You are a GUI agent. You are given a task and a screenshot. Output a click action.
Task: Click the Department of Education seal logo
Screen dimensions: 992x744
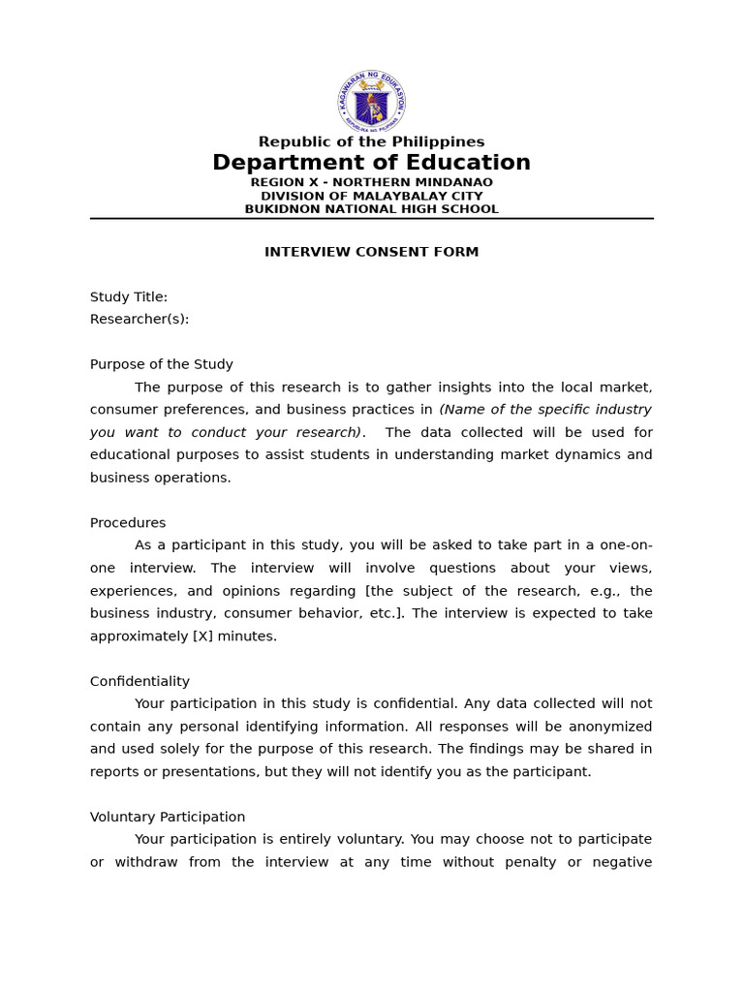372,102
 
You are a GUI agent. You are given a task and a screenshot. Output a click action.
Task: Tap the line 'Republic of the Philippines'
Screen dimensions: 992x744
371,142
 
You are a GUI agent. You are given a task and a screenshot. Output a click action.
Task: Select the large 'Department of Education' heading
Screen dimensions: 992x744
371,163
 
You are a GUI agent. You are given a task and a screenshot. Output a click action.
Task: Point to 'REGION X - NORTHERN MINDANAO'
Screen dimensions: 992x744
371,182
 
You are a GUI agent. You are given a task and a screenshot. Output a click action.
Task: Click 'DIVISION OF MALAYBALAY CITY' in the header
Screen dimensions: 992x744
371,196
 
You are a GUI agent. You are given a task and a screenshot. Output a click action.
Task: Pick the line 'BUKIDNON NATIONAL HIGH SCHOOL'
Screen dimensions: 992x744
371,209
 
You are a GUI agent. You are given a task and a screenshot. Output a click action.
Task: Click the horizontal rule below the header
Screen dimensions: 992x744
371,219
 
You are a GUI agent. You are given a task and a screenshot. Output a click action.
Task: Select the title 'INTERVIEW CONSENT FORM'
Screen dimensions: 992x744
371,252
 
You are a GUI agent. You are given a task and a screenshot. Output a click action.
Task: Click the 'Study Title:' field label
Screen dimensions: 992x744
129,297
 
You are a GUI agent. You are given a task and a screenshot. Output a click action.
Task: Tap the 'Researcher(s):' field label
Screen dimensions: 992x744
139,320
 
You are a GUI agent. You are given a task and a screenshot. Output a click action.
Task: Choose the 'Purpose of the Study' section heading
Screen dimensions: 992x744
162,365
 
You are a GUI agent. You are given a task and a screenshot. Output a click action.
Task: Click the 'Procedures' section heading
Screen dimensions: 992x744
128,523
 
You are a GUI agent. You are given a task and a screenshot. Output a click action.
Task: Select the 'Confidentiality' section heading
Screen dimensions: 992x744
139,682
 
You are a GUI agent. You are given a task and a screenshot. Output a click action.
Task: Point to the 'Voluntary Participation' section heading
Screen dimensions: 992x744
168,818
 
